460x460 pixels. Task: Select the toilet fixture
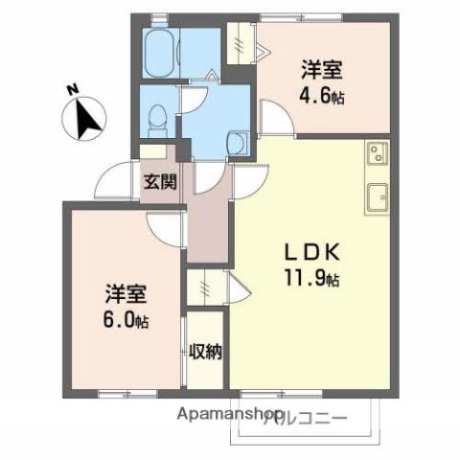[159, 118]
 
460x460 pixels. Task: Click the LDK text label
[309, 251]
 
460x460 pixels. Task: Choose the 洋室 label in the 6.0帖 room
[126, 292]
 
